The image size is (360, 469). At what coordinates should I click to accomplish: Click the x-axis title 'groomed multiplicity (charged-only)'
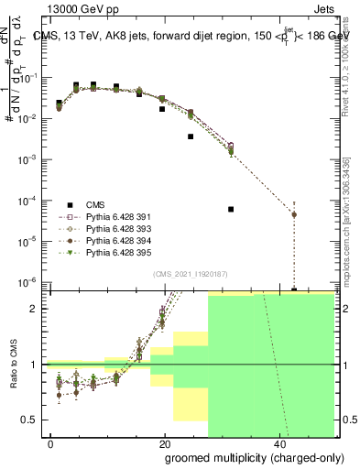tap(250, 456)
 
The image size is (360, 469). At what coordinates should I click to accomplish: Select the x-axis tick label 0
tap(51, 442)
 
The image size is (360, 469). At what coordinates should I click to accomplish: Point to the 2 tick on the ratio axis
tap(38, 309)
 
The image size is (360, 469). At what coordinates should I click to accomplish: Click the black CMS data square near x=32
tap(231, 209)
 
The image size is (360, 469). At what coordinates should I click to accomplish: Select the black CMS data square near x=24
tap(191, 136)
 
